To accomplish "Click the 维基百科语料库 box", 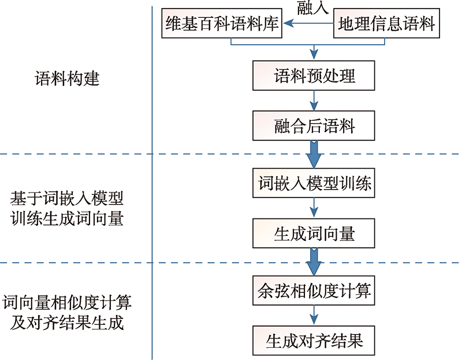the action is [x=222, y=23].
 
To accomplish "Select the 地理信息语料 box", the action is [x=386, y=23].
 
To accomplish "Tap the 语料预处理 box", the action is [x=314, y=76].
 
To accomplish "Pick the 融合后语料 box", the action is [x=314, y=125].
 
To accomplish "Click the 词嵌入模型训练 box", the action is [x=314, y=183].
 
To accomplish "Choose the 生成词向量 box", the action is [x=314, y=233].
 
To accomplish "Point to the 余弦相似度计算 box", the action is [x=314, y=291].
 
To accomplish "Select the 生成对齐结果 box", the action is [x=314, y=340].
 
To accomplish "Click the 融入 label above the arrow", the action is [x=312, y=8].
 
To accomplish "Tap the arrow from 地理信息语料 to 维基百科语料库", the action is [x=308, y=23].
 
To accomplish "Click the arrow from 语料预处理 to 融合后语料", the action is [x=314, y=101].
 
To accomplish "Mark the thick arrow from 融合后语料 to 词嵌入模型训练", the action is [x=314, y=154].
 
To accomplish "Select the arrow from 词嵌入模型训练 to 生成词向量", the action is [x=314, y=208].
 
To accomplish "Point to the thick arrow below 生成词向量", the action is [x=314, y=262].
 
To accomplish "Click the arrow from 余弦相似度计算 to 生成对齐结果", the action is [x=314, y=316].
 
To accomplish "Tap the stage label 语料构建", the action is [x=67, y=79].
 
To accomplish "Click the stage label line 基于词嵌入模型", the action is [x=67, y=198].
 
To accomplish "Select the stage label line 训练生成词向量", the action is [x=67, y=219].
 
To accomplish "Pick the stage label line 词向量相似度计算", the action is [x=67, y=303].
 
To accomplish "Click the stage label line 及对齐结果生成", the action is [x=67, y=323].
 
